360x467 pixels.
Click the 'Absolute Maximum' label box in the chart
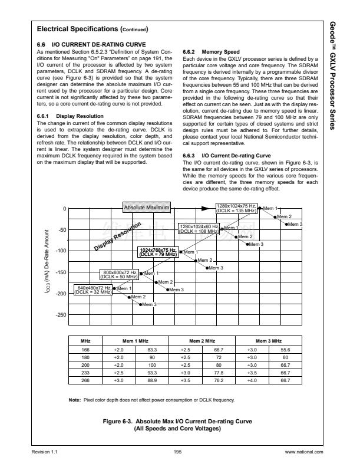(x=146, y=208)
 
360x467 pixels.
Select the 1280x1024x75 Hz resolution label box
(x=236, y=208)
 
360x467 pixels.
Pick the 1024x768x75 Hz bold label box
(x=157, y=252)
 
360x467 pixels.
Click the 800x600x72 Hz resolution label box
(x=120, y=274)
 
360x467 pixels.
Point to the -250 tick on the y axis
(x=62, y=315)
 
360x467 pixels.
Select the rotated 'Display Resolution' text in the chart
(x=117, y=236)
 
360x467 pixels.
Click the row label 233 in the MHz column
(x=85, y=373)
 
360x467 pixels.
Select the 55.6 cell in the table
(x=285, y=350)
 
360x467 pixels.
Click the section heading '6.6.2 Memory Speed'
(x=207, y=51)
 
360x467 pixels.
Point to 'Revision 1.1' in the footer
(x=48, y=452)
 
